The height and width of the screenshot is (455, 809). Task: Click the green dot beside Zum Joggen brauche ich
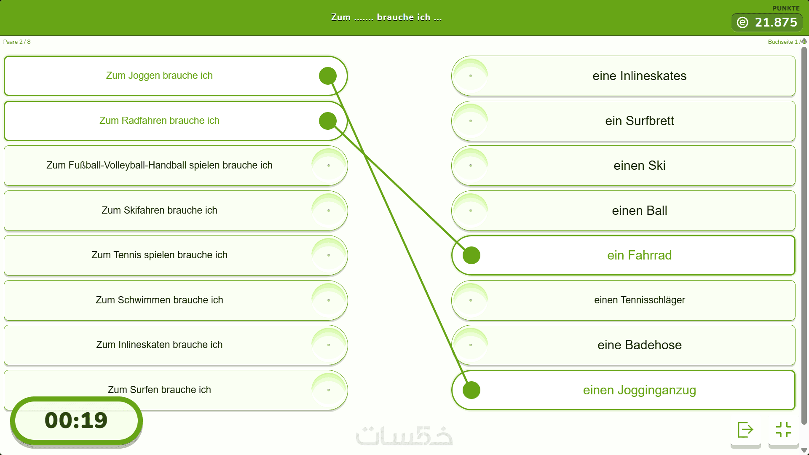click(x=328, y=76)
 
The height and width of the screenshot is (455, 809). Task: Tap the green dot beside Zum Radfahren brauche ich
click(x=328, y=121)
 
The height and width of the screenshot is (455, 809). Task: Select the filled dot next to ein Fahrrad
click(x=471, y=255)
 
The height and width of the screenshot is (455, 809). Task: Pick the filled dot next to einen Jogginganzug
click(x=471, y=390)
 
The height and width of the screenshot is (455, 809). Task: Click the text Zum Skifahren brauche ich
click(x=159, y=210)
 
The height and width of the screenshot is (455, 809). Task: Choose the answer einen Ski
click(x=639, y=166)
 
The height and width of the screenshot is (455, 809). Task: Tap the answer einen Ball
click(x=639, y=211)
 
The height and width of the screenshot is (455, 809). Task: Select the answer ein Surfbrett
click(x=639, y=121)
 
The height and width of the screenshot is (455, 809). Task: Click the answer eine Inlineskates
click(x=639, y=76)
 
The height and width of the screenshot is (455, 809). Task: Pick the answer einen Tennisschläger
click(x=639, y=300)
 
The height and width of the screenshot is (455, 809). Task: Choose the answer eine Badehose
click(x=639, y=345)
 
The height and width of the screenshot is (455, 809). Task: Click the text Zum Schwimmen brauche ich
click(x=159, y=300)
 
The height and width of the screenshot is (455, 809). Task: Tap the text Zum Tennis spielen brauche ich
click(x=159, y=255)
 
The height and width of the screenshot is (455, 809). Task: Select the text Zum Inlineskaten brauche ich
click(x=159, y=345)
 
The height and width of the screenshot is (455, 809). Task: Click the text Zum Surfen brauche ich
click(x=159, y=390)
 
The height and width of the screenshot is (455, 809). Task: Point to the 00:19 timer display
click(x=76, y=420)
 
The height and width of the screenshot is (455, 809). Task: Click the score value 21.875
click(x=776, y=22)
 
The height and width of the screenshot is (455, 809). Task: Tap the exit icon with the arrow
click(x=745, y=430)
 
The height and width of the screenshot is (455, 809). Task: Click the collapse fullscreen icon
click(x=784, y=430)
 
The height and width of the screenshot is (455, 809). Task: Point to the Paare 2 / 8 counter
click(x=17, y=42)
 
